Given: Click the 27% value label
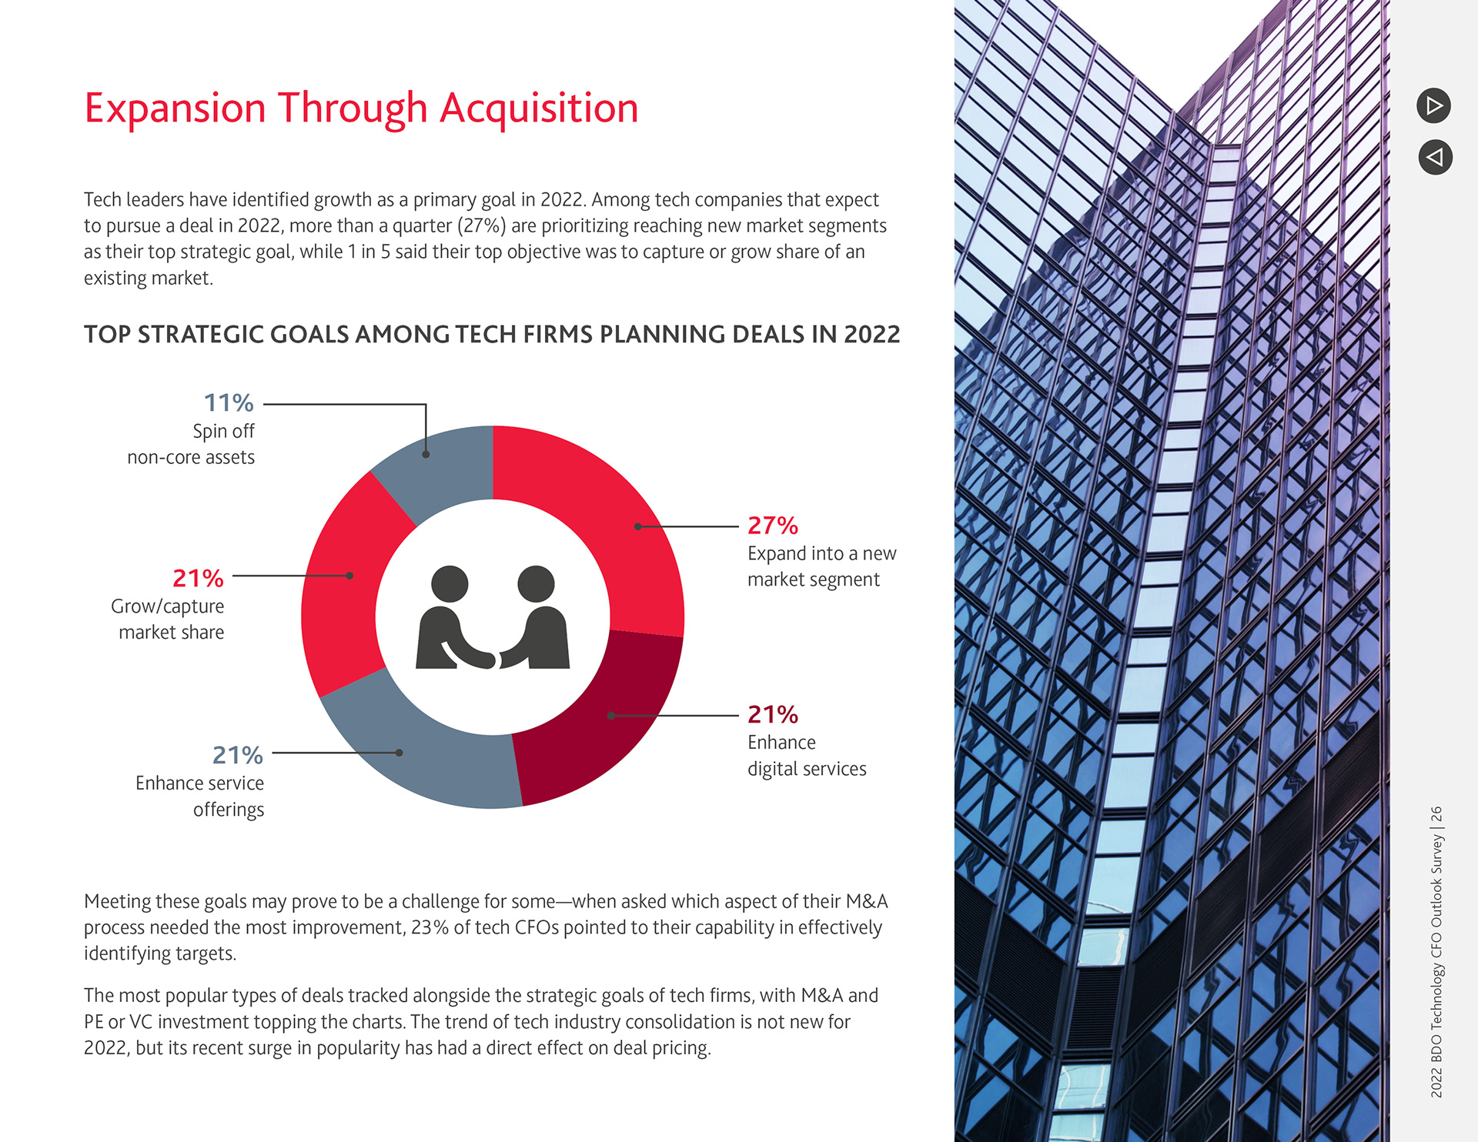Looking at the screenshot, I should click(x=772, y=526).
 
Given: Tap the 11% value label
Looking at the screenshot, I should click(x=228, y=402).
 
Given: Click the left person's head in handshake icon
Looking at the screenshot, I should click(x=450, y=584).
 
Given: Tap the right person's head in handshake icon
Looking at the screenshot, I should click(x=536, y=583).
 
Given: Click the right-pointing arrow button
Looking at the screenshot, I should click(x=1433, y=105).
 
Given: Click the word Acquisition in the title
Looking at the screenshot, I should click(x=539, y=108).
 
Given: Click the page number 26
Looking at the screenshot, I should click(x=1436, y=815).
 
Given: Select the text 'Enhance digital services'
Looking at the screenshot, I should click(x=806, y=756).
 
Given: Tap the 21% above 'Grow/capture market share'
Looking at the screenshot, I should click(x=198, y=578).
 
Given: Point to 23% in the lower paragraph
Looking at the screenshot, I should click(x=430, y=928).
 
